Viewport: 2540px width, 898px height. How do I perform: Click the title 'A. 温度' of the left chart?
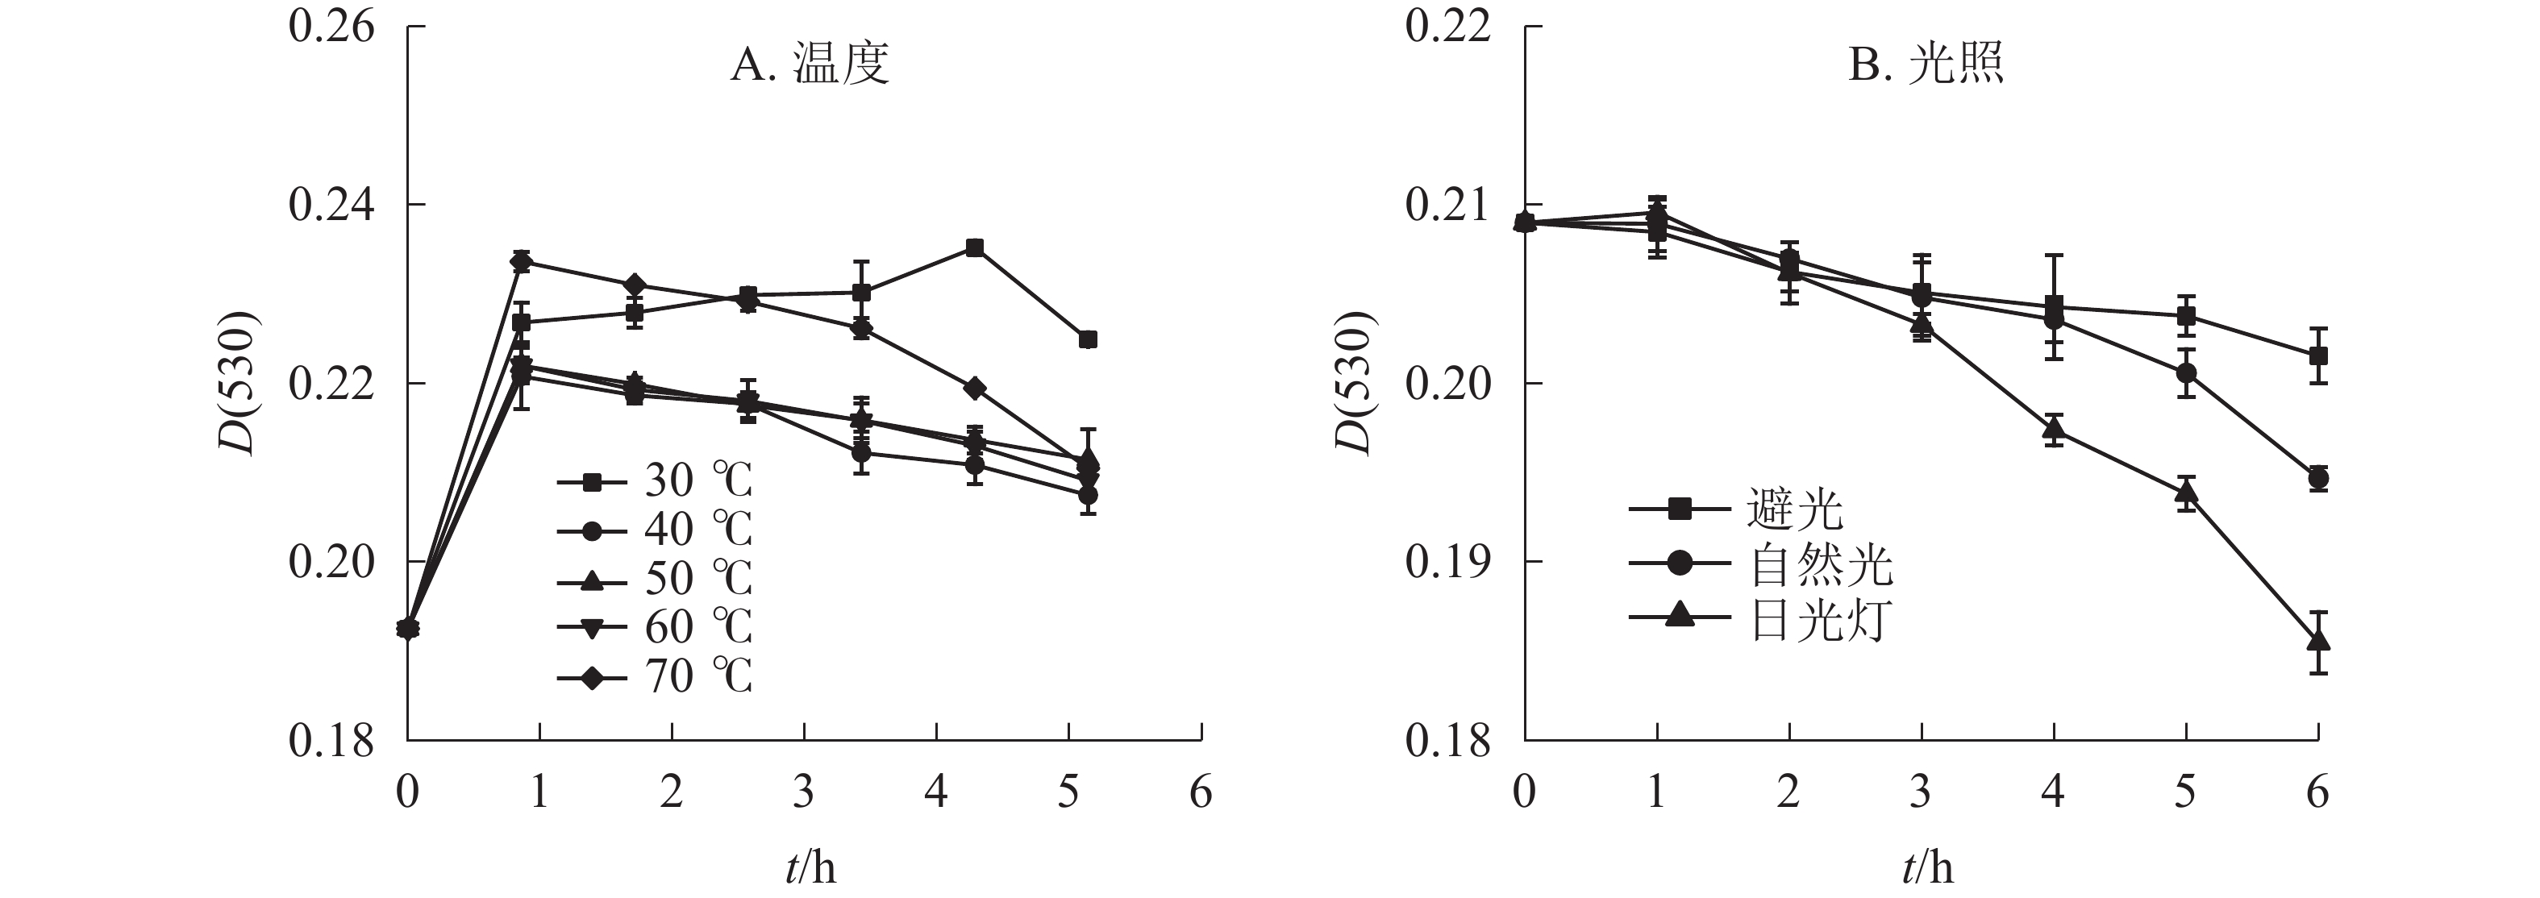[810, 65]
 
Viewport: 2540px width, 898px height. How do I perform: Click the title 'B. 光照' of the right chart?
[1926, 65]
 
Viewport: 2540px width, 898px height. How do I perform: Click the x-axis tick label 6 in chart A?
[1200, 792]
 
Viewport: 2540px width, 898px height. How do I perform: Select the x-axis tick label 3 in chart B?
[1920, 792]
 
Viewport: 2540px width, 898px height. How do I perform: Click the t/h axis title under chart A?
[810, 868]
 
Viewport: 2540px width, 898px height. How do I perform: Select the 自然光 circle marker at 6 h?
[2318, 479]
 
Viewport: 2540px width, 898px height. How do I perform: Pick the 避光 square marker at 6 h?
[2318, 355]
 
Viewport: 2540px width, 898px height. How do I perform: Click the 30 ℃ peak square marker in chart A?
[974, 247]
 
